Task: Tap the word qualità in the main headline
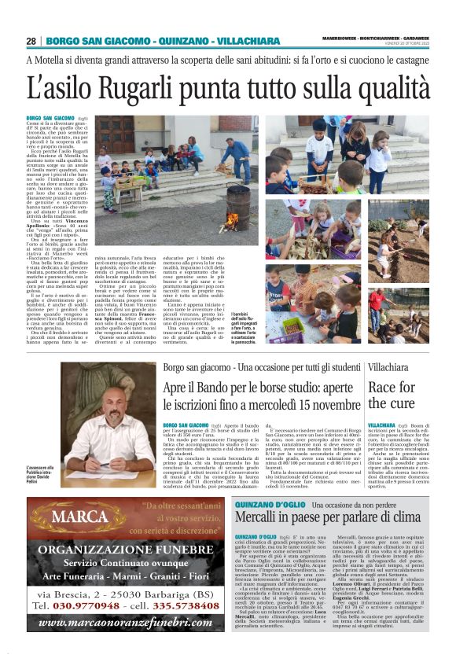coord(381,85)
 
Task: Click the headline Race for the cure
coord(392,395)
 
